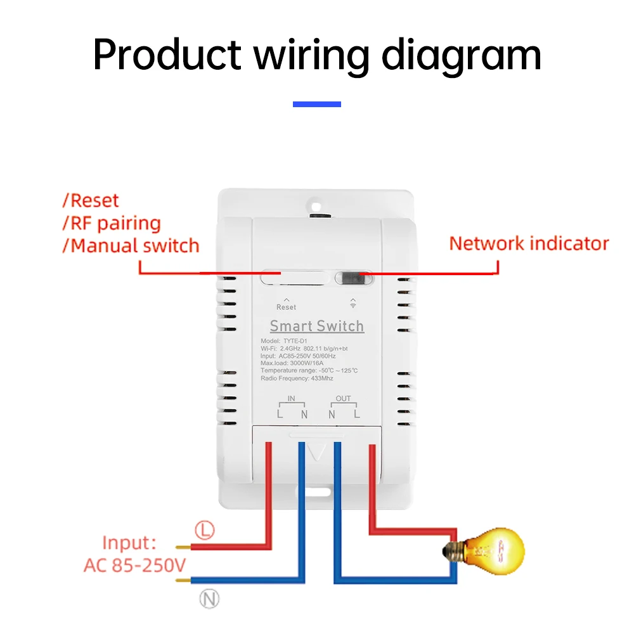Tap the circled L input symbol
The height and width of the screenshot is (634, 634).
point(204,531)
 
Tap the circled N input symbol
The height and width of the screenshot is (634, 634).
point(209,598)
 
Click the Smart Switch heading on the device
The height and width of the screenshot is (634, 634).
point(317,326)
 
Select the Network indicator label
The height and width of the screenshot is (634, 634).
point(529,243)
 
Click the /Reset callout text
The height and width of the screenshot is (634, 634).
point(91,201)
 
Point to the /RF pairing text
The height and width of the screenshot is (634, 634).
point(112,223)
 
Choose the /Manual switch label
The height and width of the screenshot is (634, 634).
point(131,246)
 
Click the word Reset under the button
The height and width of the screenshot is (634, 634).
point(286,307)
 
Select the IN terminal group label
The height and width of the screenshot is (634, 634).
point(291,399)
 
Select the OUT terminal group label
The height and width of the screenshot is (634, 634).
point(344,399)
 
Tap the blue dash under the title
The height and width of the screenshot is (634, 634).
point(317,104)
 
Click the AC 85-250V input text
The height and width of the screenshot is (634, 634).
point(134,565)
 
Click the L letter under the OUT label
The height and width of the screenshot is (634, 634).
point(357,414)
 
